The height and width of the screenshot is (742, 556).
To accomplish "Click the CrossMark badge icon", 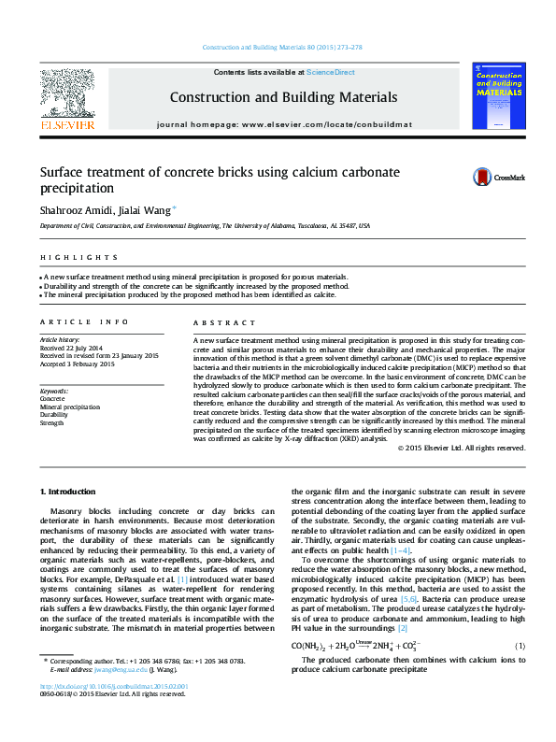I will tap(498, 177).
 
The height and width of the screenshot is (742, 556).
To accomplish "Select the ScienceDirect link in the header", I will tap(330, 72).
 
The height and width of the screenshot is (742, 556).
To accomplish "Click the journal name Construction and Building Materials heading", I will tap(282, 97).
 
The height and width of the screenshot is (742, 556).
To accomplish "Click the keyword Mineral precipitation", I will tap(69, 407).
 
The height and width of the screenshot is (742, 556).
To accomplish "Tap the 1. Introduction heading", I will tap(67, 492).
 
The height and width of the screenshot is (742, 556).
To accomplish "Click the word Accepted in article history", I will tap(53, 364).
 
